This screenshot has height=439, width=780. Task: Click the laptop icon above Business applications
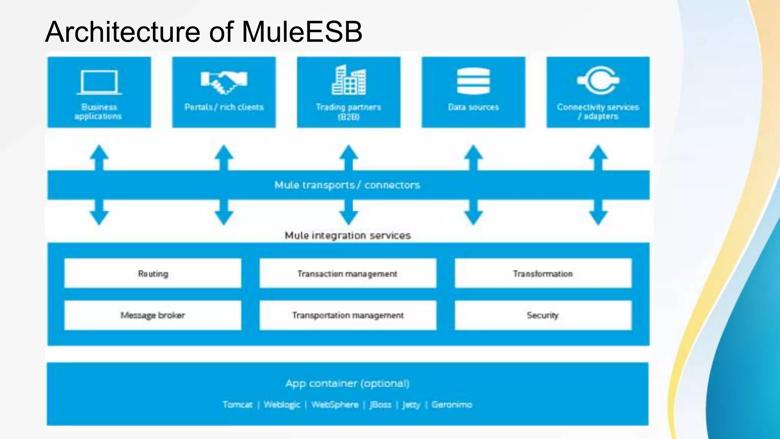[99, 82]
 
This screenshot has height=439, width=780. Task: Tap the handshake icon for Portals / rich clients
[224, 82]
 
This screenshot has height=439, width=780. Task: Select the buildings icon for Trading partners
[348, 80]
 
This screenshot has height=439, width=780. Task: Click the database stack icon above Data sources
[473, 81]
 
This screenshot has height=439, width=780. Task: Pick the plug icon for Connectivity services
[598, 80]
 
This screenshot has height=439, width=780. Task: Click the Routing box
[153, 274]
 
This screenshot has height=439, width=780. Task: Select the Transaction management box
[348, 274]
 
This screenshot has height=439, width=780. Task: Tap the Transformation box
[543, 274]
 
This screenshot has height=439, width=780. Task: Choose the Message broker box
[153, 315]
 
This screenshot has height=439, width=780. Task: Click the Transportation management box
[348, 315]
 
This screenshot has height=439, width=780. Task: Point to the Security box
[543, 315]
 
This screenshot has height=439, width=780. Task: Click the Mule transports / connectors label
[347, 185]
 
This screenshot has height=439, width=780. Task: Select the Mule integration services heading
[348, 236]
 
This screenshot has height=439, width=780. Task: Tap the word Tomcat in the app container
[238, 405]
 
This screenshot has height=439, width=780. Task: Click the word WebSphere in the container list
[335, 405]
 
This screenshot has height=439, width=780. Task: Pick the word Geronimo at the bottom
[452, 405]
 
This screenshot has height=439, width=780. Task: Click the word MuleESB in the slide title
[302, 32]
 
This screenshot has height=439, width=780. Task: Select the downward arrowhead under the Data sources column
[473, 218]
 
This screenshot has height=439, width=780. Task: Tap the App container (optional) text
[347, 383]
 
